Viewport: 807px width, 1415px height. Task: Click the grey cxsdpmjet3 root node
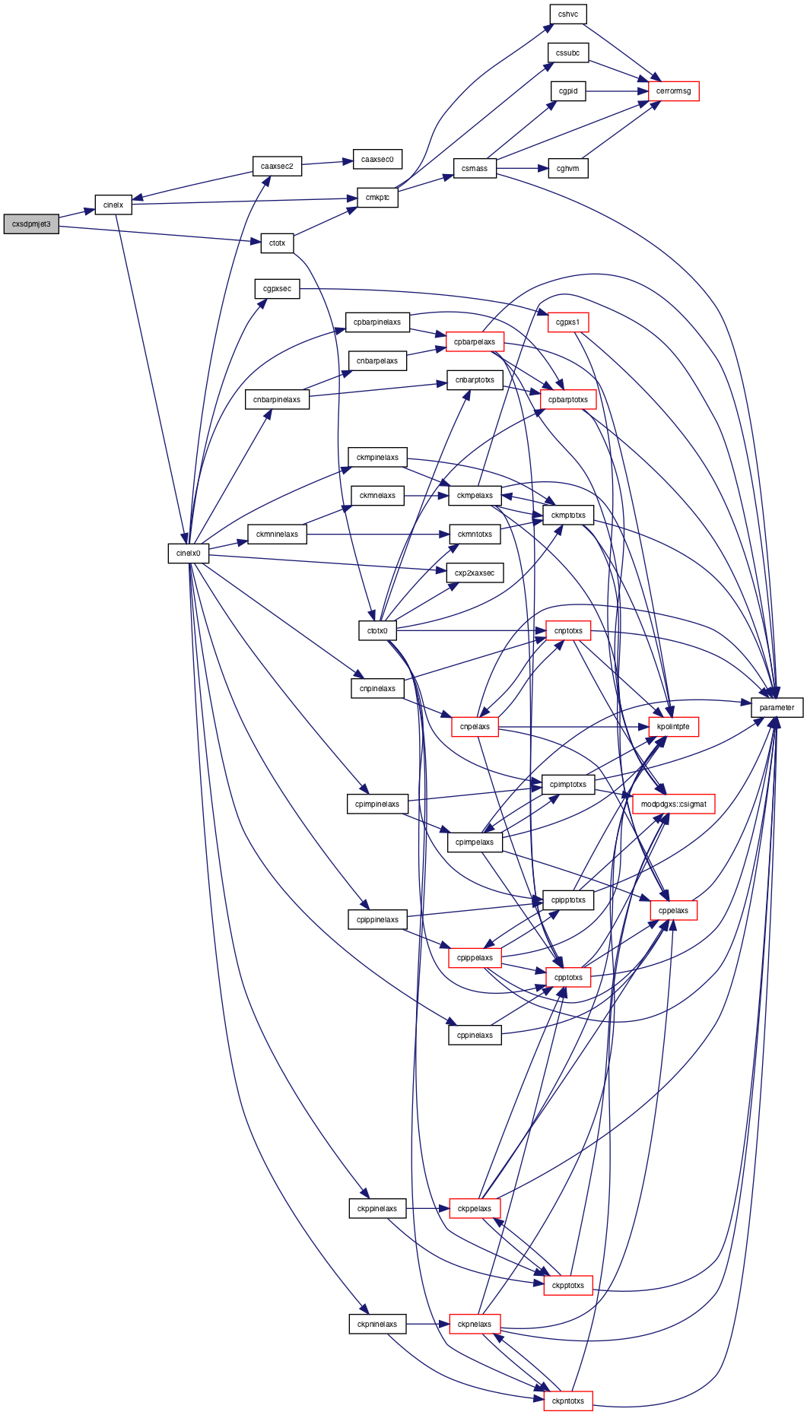pyautogui.click(x=31, y=224)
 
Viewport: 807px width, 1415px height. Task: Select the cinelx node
pyautogui.click(x=113, y=205)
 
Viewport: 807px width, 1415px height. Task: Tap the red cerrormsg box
pyautogui.click(x=673, y=91)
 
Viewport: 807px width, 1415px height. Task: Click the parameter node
pyautogui.click(x=777, y=707)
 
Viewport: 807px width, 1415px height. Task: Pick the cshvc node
pyautogui.click(x=568, y=14)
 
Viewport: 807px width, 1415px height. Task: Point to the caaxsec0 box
pyautogui.click(x=377, y=160)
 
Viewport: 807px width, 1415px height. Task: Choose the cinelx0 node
pyautogui.click(x=189, y=554)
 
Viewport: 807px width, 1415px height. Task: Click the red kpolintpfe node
pyautogui.click(x=673, y=727)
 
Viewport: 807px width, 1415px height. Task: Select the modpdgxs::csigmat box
pyautogui.click(x=673, y=804)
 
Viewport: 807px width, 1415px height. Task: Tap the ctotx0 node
pyautogui.click(x=377, y=630)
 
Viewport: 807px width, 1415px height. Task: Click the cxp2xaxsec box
pyautogui.click(x=475, y=573)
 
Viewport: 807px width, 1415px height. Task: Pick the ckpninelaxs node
pyautogui.click(x=377, y=1324)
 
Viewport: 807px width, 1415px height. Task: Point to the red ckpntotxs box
pyautogui.click(x=568, y=1401)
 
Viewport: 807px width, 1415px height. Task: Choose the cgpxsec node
pyautogui.click(x=277, y=289)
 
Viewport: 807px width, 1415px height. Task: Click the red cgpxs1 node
pyautogui.click(x=567, y=322)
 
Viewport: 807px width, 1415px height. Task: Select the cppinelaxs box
pyautogui.click(x=475, y=1035)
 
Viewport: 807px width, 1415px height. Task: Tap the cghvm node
pyautogui.click(x=568, y=168)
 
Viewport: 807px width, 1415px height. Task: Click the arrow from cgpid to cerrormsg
pyautogui.click(x=617, y=91)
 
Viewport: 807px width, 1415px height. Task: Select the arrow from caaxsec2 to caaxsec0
pyautogui.click(x=327, y=163)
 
